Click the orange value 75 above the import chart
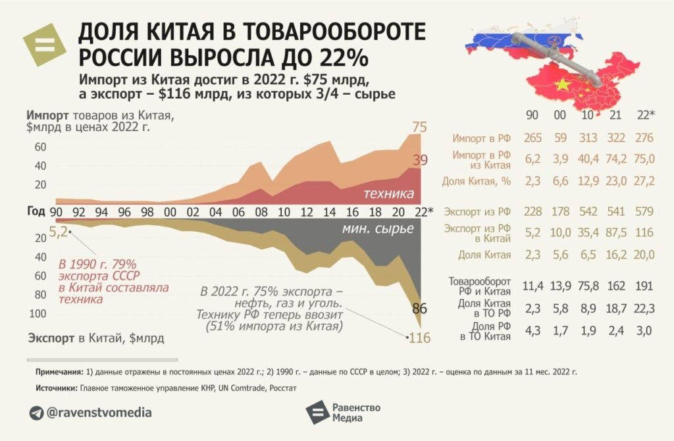click(420, 127)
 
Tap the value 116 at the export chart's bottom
click(419, 339)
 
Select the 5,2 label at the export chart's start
click(57, 232)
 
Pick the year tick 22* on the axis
click(423, 212)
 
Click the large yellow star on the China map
click(561, 85)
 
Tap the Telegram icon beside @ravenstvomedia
click(36, 413)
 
